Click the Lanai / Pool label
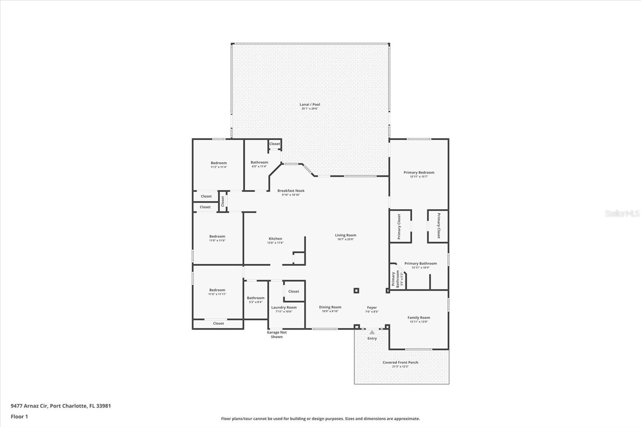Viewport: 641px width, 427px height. (310, 105)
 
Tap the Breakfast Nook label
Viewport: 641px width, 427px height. (291, 191)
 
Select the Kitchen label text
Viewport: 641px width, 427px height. (275, 239)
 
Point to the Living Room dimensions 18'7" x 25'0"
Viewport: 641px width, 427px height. (345, 240)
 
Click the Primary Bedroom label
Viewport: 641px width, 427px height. (419, 173)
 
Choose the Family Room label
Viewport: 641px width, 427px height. (419, 318)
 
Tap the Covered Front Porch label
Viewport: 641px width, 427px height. (400, 363)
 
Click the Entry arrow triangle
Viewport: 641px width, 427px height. (372, 332)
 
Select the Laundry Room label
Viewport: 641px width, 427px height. (284, 308)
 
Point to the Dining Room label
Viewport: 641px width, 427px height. (330, 307)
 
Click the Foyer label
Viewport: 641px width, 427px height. (372, 308)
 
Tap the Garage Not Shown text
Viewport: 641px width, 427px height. (277, 334)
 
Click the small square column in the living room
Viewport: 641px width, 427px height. (356, 290)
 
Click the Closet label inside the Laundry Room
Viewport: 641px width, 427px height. (294, 292)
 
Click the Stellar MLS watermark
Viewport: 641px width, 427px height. (622, 214)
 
